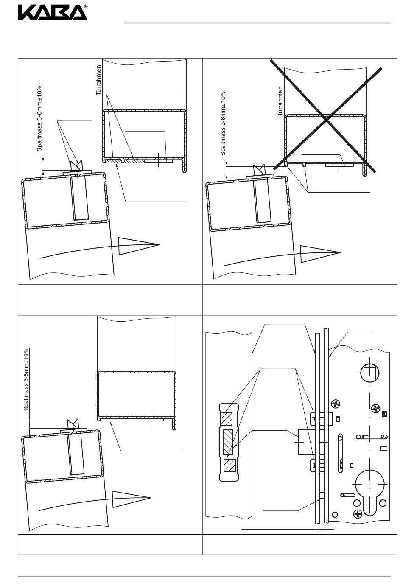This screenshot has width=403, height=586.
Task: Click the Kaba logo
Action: pos(52,13)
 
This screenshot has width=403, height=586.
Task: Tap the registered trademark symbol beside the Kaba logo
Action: pos(86,6)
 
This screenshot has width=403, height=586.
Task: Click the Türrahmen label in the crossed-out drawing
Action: pos(280,101)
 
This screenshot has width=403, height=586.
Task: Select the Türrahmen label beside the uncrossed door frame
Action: pos(98,80)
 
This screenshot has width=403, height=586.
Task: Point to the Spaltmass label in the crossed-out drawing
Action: pos(223,123)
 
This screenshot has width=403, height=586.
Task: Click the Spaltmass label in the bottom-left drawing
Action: pos(26,379)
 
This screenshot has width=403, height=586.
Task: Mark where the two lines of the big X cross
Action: pos(326,119)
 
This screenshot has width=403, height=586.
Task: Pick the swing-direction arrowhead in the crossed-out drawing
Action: pos(320,253)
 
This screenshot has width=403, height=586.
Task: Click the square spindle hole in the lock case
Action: pos(368,373)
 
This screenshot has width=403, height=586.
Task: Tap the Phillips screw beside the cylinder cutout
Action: pos(357,514)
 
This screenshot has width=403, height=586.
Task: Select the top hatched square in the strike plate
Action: pos(226,419)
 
